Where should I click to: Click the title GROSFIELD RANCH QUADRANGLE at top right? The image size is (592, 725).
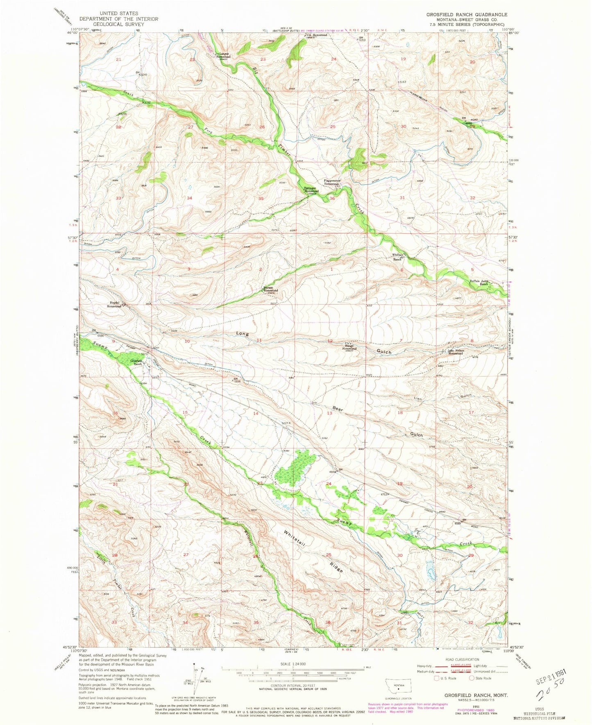[466, 14]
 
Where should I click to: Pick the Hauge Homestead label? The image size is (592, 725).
[349, 348]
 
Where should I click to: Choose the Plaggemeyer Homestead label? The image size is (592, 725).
[331, 183]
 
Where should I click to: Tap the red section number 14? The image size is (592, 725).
[256, 413]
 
